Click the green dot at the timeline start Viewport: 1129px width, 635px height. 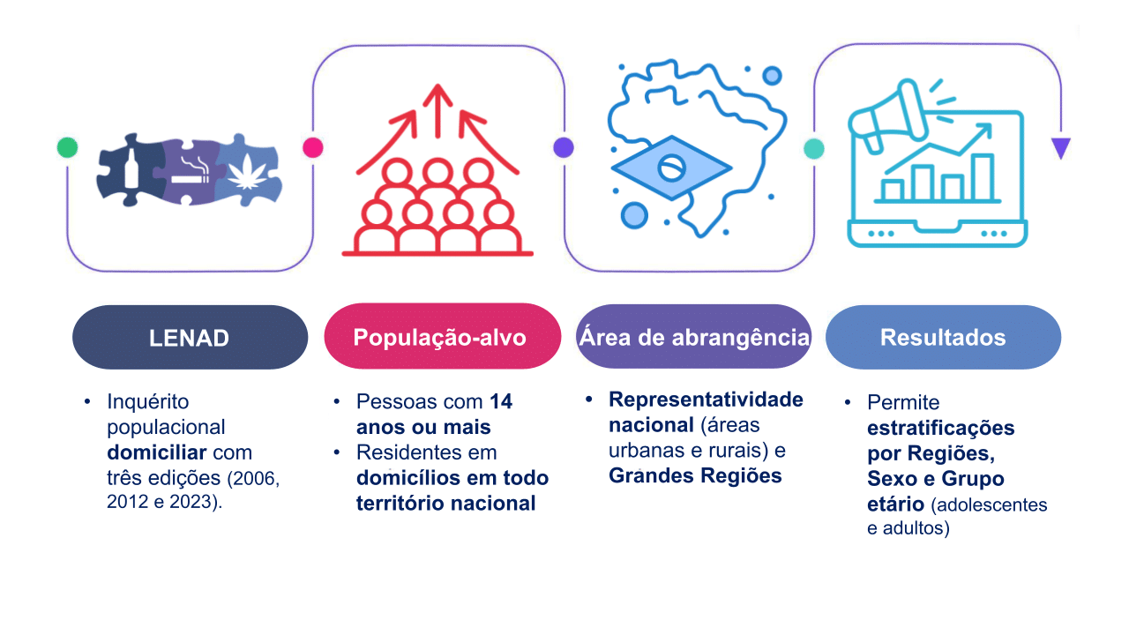tap(68, 147)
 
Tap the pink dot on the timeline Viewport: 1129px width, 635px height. tap(313, 147)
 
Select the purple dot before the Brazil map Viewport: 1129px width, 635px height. tap(564, 147)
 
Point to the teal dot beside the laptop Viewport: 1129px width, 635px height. tap(814, 149)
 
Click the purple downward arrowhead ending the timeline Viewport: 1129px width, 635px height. tap(1061, 147)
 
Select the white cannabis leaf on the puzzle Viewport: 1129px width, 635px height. tap(247, 172)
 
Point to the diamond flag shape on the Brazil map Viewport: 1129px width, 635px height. tap(671, 168)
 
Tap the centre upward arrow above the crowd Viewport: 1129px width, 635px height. tap(437, 111)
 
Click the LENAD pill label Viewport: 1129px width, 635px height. tap(190, 337)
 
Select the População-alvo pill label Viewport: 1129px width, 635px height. tap(443, 336)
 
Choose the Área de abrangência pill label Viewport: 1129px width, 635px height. tap(693, 336)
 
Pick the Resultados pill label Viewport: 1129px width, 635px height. tap(943, 337)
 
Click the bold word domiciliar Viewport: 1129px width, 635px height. tap(157, 452)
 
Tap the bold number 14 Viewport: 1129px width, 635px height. tap(501, 401)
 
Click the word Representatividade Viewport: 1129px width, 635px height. tap(707, 400)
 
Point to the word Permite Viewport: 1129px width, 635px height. tap(903, 402)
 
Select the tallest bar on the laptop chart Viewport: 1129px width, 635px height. tap(983, 177)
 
